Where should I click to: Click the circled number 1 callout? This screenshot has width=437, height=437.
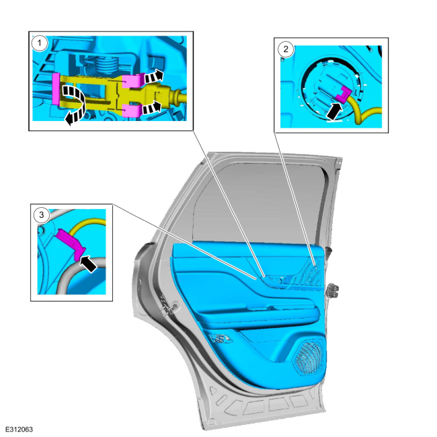39,43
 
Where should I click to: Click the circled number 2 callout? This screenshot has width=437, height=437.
286,49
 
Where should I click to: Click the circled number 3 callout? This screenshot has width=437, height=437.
42,215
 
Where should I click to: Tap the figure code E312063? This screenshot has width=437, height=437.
19,429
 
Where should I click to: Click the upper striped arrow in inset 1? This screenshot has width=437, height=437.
154,77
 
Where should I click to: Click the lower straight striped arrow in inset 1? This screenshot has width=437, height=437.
152,108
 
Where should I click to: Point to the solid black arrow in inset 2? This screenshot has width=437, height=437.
334,111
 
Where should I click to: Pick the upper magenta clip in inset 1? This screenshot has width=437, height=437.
133,80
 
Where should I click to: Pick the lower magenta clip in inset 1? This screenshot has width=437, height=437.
131,110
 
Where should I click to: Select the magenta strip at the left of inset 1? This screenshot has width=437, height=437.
56,89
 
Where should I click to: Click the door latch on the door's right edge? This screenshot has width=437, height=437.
332,290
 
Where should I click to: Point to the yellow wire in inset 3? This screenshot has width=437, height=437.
87,224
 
